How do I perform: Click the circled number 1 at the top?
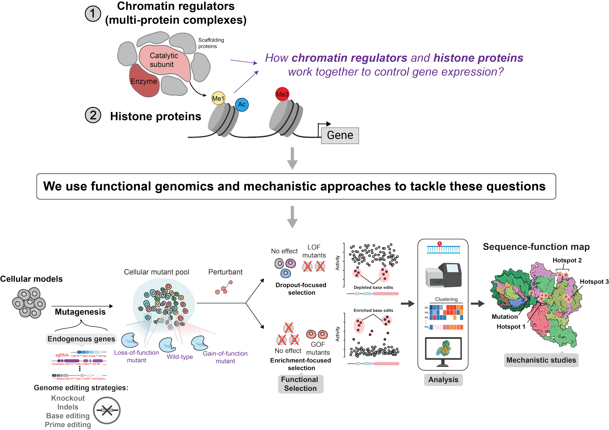93,14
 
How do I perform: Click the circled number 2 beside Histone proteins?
93,116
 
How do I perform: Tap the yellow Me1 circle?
218,98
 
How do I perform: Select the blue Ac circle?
242,105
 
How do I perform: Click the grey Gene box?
340,135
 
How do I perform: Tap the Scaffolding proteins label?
211,43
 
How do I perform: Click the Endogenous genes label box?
81,339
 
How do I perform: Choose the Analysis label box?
443,380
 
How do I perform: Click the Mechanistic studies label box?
541,360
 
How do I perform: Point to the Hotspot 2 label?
567,260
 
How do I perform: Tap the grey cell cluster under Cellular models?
29,303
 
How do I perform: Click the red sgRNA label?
62,355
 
